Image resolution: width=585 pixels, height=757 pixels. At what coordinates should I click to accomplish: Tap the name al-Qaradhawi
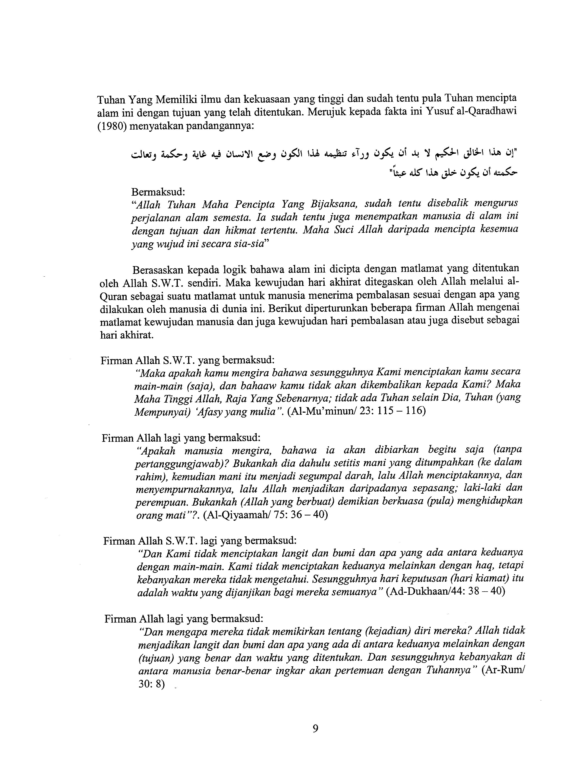(488, 113)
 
